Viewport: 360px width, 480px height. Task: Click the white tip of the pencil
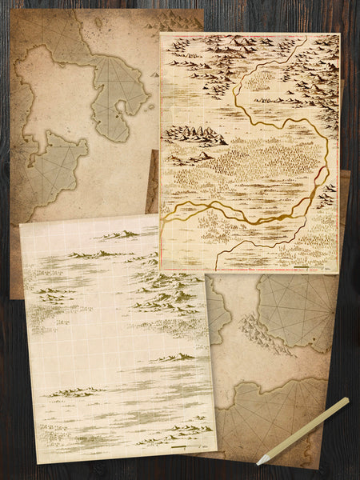click(260, 461)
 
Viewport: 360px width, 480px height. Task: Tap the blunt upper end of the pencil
click(346, 400)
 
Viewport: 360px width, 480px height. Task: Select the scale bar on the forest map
click(305, 265)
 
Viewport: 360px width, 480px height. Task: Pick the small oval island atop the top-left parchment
click(98, 24)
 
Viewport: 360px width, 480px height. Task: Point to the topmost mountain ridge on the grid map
click(120, 234)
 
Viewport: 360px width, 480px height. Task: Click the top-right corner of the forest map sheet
click(339, 34)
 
